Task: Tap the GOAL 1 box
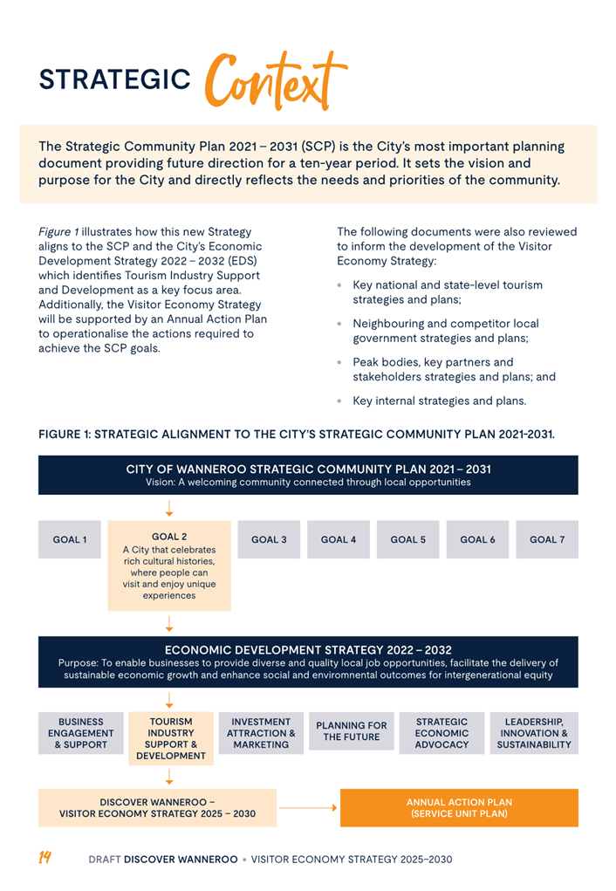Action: pos(70,540)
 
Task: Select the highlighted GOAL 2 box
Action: pos(169,565)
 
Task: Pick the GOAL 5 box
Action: pos(407,540)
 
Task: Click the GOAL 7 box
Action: pos(547,540)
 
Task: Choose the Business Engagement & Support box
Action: pos(80,734)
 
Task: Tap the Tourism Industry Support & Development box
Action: pos(171,739)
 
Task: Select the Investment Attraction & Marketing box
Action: pos(261,734)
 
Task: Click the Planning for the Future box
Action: pos(351,732)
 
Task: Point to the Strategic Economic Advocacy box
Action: pos(441,734)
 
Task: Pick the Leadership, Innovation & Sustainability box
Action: pos(534,734)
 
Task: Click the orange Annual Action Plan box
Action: pos(459,808)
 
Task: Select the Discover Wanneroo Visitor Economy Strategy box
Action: pos(157,808)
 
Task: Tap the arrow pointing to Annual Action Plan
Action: pos(308,808)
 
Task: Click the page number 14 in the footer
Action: pos(44,859)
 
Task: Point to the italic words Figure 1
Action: pos(58,232)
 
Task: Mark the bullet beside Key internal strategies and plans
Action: pos(339,401)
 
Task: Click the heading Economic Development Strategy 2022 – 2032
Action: pos(308,650)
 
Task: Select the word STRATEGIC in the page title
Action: pos(114,80)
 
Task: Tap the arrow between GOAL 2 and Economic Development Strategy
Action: pos(169,623)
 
